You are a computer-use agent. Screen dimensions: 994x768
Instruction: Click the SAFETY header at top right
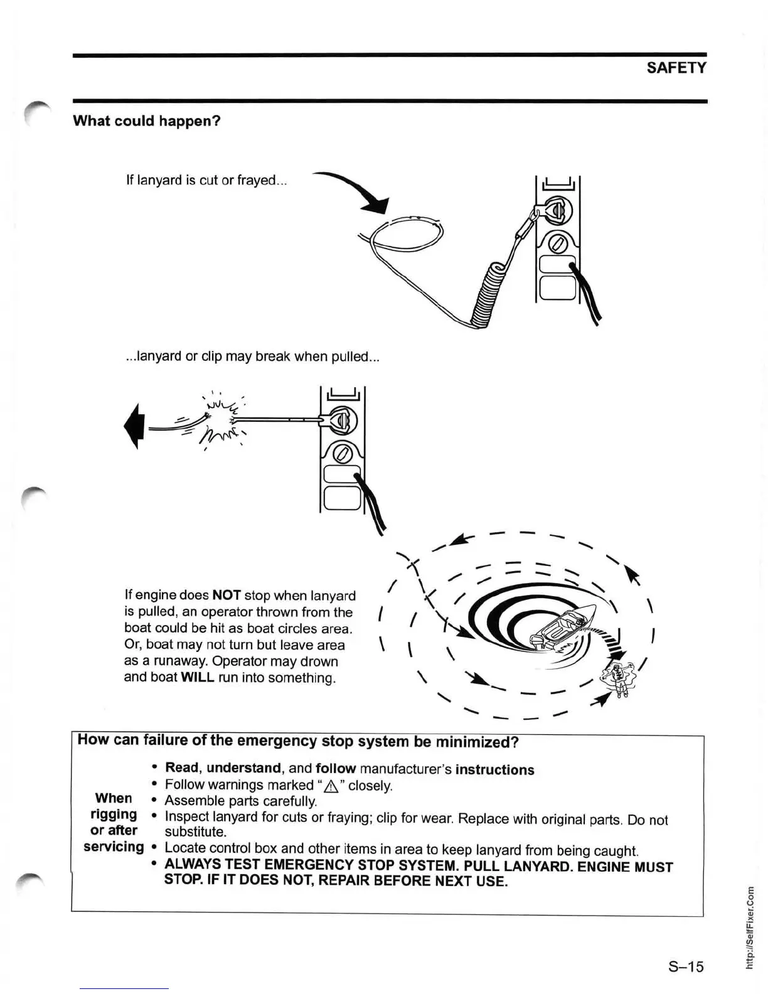[x=676, y=68]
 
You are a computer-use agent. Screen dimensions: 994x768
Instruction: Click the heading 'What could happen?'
[x=147, y=120]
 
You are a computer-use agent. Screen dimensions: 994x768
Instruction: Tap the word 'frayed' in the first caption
[x=259, y=181]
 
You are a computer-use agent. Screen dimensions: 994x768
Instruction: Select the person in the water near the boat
[x=617, y=677]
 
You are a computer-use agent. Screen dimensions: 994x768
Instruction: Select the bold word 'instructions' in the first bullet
[x=494, y=770]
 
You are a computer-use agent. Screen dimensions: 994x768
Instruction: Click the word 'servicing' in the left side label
[x=114, y=847]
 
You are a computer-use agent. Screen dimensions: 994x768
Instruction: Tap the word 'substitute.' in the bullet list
[x=195, y=832]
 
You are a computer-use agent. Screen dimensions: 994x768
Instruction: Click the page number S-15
[x=685, y=966]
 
